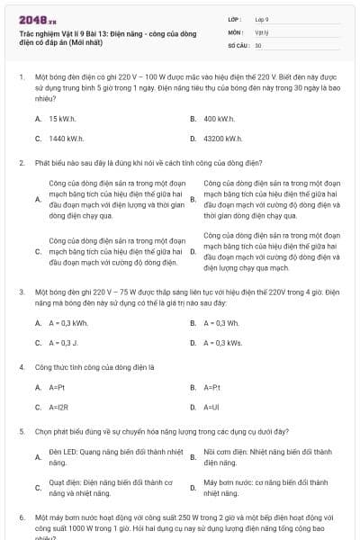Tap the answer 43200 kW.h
(223, 139)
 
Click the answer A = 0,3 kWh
(68, 323)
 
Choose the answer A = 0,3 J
(64, 343)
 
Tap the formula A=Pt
(57, 387)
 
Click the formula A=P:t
(212, 387)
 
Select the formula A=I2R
(58, 407)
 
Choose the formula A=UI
(211, 407)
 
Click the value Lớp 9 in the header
(262, 19)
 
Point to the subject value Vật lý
(261, 31)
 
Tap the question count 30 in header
(258, 44)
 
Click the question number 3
(21, 292)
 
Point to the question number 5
(21, 431)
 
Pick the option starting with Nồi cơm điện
(267, 456)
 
